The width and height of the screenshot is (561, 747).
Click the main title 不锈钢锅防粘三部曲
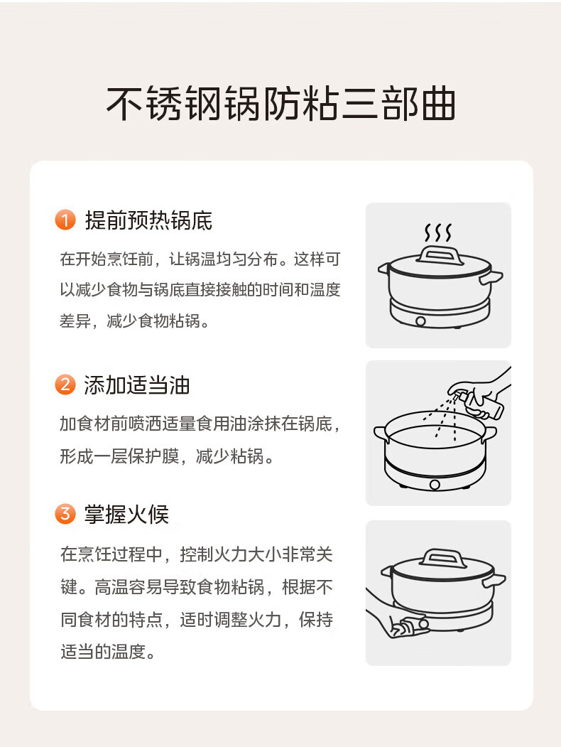(x=280, y=103)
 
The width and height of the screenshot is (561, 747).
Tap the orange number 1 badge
(x=65, y=220)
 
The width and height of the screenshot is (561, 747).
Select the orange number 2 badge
(x=65, y=385)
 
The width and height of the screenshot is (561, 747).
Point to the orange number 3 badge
(x=65, y=514)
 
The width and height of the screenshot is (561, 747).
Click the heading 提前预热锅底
(x=148, y=220)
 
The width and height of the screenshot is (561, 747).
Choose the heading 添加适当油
(x=137, y=385)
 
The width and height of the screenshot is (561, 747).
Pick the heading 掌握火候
(x=126, y=515)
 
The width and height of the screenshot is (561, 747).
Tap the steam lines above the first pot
(x=437, y=232)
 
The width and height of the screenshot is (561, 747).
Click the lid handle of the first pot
(x=440, y=255)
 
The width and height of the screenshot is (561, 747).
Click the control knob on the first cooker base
(x=420, y=321)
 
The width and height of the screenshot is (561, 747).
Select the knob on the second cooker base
(x=435, y=485)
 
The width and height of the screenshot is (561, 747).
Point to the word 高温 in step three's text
(x=111, y=587)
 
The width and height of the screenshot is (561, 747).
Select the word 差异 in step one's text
(x=75, y=321)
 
